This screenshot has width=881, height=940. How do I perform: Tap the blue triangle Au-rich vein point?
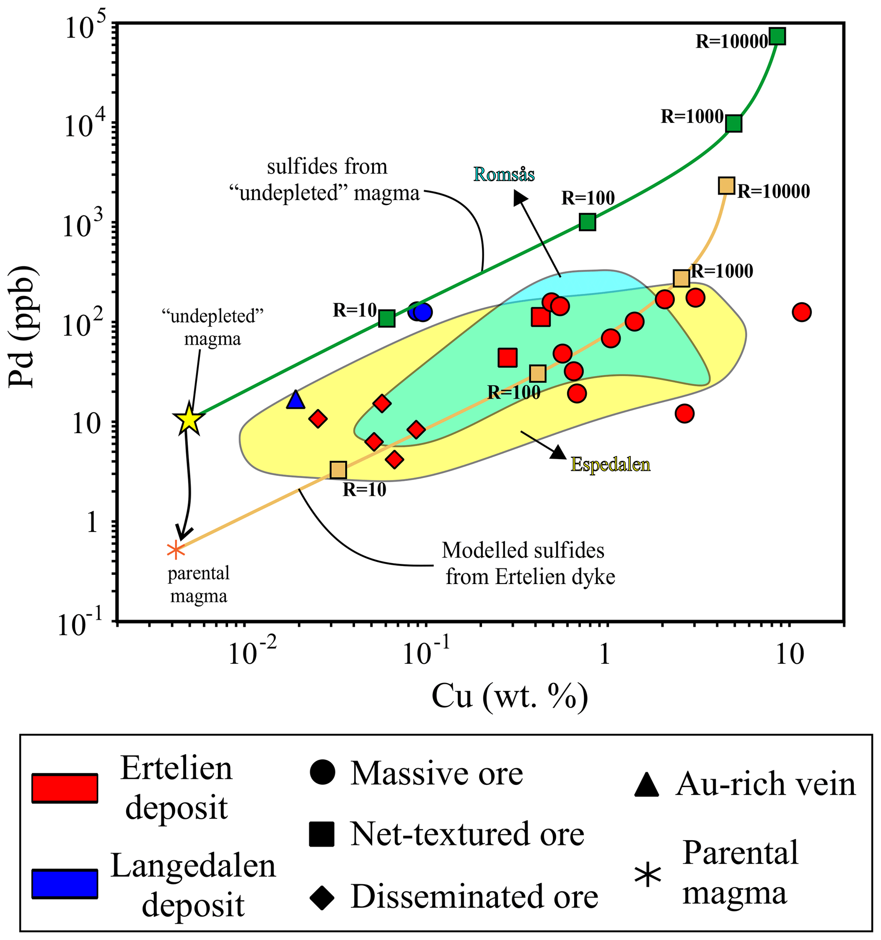295,400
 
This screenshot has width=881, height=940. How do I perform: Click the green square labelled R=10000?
777,36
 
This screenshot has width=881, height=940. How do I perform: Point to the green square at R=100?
587,222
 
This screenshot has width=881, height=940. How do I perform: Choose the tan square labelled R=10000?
726,186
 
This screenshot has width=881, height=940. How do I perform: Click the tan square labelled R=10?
338,470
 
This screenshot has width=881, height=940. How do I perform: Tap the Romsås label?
504,174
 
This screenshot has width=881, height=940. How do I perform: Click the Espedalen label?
610,464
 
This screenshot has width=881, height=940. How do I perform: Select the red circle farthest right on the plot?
802,312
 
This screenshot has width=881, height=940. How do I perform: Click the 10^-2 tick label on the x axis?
244,654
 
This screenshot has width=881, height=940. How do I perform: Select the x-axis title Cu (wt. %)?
509,697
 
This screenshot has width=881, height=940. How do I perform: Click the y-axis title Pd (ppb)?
22,327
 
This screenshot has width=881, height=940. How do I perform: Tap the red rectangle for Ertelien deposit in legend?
65,788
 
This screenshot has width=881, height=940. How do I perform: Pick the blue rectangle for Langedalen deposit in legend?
65,883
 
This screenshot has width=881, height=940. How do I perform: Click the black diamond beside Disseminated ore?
322,897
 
